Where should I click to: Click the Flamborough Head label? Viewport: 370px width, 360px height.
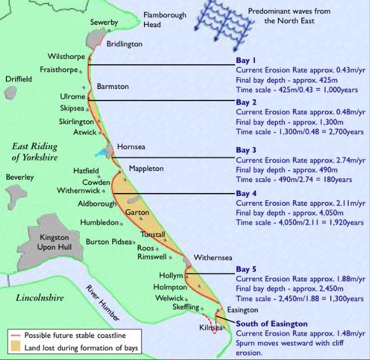pyautogui.click(x=164, y=19)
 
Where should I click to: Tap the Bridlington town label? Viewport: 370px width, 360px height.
pyautogui.click(x=124, y=44)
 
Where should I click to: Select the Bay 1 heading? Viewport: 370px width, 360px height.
pyautogui.click(x=246, y=60)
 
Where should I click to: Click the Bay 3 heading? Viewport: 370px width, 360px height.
pyautogui.click(x=246, y=150)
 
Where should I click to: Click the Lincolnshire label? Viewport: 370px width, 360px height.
pyautogui.click(x=40, y=298)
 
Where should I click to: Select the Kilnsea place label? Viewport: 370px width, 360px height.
pyautogui.click(x=210, y=328)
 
